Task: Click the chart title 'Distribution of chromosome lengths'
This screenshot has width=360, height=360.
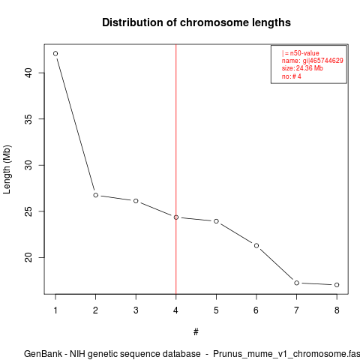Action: (196, 22)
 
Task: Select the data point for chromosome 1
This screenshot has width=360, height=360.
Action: (55, 53)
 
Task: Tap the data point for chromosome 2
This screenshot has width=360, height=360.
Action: (96, 195)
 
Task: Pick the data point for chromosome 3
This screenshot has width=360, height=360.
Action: (136, 201)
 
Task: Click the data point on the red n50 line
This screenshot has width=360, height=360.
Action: (176, 217)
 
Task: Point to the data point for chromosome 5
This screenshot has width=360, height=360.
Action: (216, 221)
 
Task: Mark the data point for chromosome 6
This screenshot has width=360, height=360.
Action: (256, 246)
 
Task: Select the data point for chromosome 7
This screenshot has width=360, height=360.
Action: (297, 283)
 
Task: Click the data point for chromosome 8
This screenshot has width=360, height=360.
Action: (337, 285)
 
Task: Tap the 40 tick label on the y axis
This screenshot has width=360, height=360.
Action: (28, 73)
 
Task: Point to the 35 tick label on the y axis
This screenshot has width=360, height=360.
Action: (28, 119)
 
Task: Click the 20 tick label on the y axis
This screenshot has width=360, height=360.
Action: (28, 257)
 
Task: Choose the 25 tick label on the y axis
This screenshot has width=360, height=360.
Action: (28, 211)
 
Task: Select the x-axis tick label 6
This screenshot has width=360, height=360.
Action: (256, 310)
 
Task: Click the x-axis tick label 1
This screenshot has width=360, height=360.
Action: (55, 310)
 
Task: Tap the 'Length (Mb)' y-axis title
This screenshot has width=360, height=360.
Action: (7, 169)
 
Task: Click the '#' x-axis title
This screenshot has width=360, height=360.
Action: (196, 332)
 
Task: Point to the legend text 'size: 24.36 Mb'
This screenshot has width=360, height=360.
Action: (302, 68)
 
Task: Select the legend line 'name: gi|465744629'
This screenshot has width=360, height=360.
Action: (312, 61)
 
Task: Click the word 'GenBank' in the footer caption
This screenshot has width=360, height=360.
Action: (43, 354)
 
